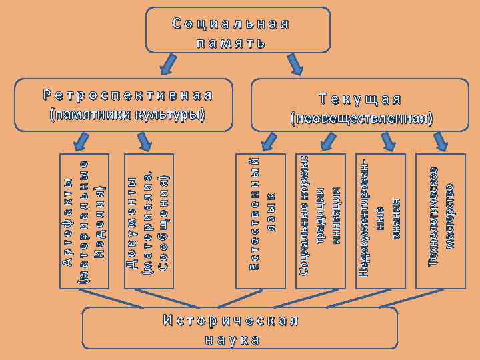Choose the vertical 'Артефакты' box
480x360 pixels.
coord(83,221)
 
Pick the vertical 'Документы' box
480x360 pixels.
coord(149,221)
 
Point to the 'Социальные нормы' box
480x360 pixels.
coord(320,221)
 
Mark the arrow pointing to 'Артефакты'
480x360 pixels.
coord(81,141)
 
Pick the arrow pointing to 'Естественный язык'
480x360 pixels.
coord(268,141)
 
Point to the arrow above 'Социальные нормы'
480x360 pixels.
coord(327,141)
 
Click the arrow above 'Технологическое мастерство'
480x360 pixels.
coord(440,141)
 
